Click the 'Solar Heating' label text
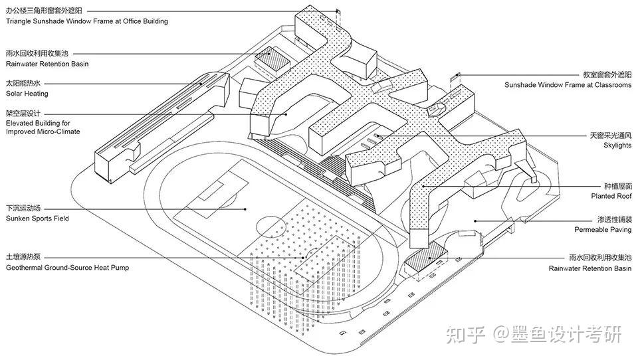click(27, 94)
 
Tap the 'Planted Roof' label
click(611, 197)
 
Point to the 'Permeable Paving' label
click(603, 229)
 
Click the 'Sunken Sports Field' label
click(37, 219)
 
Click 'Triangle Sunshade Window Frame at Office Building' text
click(87, 21)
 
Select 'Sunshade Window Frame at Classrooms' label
click(568, 85)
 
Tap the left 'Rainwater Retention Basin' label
click(47, 64)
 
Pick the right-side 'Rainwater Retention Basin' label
click(590, 268)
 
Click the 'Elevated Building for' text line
click(38, 124)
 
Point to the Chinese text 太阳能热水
click(23, 84)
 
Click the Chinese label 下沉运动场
click(23, 208)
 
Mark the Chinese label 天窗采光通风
click(610, 135)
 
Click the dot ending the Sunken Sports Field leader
click(247, 209)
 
